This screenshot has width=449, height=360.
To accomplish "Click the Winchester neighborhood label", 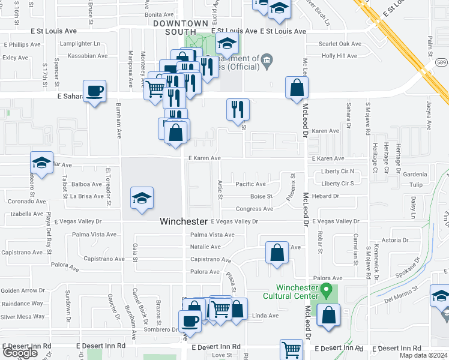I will click(x=184, y=221).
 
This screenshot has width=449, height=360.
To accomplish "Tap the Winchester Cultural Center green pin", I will click(x=327, y=292).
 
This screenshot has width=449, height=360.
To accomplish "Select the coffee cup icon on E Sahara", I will click(x=95, y=92).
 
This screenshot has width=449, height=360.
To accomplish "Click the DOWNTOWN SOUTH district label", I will click(x=175, y=27).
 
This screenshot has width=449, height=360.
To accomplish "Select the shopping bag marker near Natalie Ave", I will click(x=277, y=253).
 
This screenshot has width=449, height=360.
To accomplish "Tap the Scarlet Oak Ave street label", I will click(x=340, y=44).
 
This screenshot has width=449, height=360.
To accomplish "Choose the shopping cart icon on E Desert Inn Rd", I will click(x=291, y=349).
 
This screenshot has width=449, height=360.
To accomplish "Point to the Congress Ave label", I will click(x=255, y=209).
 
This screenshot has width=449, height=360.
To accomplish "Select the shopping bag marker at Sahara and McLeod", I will click(x=297, y=88).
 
